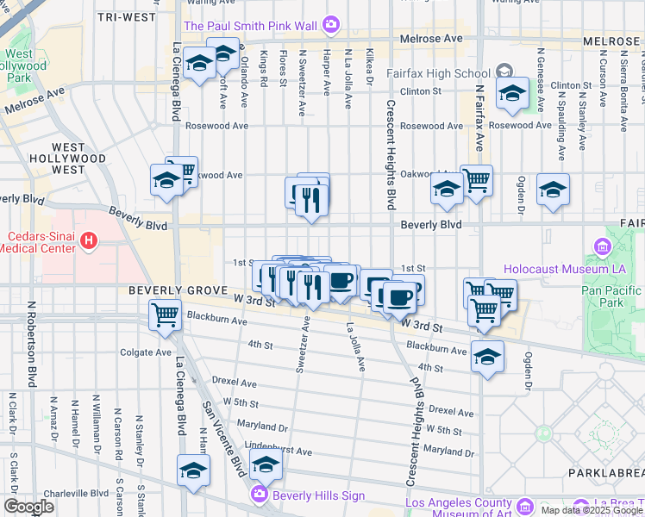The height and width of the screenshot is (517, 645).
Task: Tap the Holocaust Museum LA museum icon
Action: click(x=601, y=249)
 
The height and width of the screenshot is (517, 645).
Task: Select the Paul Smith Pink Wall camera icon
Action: click(x=330, y=25)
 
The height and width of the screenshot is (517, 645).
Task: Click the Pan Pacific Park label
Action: click(x=612, y=296)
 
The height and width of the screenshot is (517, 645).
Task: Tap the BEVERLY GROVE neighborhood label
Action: click(x=178, y=291)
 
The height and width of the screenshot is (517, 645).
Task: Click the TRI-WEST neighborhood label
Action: click(x=127, y=17)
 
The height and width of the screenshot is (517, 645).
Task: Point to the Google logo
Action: click(x=28, y=506)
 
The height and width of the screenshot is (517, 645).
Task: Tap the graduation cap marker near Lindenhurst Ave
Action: click(x=266, y=464)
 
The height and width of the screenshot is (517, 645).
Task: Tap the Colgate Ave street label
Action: click(x=146, y=352)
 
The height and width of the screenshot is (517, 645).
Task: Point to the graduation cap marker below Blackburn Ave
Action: click(x=487, y=355)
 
